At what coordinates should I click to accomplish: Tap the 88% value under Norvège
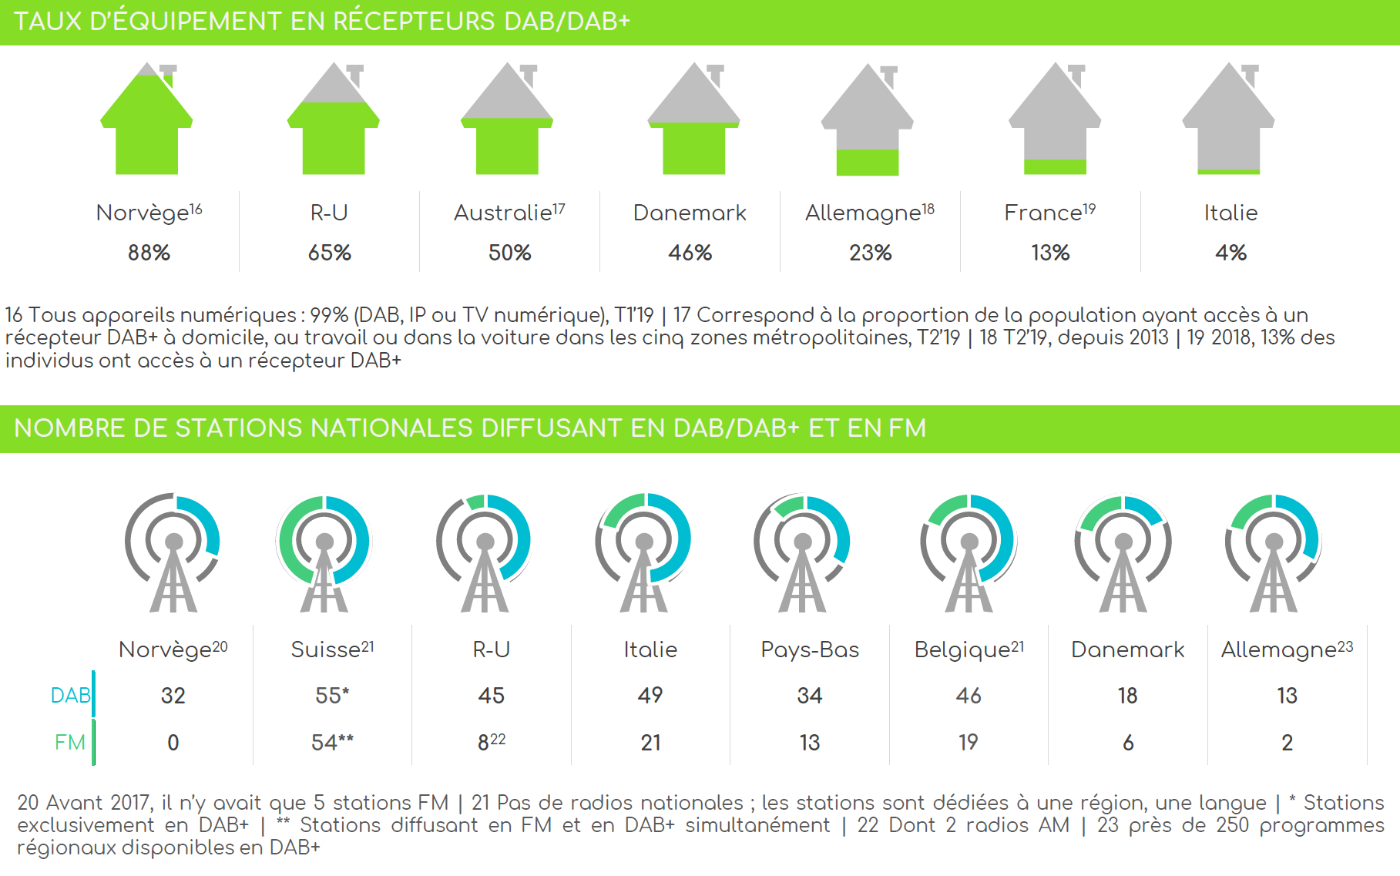[149, 253]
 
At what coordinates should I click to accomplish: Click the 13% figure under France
[1050, 253]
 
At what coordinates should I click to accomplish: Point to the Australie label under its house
[509, 213]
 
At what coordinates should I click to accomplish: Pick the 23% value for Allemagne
[870, 253]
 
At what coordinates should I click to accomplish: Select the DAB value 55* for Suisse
[332, 696]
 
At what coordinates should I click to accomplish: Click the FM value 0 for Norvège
[173, 743]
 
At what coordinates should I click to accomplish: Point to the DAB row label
[70, 696]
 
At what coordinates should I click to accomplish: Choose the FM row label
[69, 743]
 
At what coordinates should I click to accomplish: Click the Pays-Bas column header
[810, 650]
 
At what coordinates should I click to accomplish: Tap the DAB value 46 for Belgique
[969, 696]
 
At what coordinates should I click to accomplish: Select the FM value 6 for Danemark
[1128, 743]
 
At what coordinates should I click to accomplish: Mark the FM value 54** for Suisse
[332, 743]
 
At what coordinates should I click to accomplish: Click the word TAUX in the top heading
[48, 22]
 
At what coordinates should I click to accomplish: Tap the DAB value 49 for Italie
[650, 696]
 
